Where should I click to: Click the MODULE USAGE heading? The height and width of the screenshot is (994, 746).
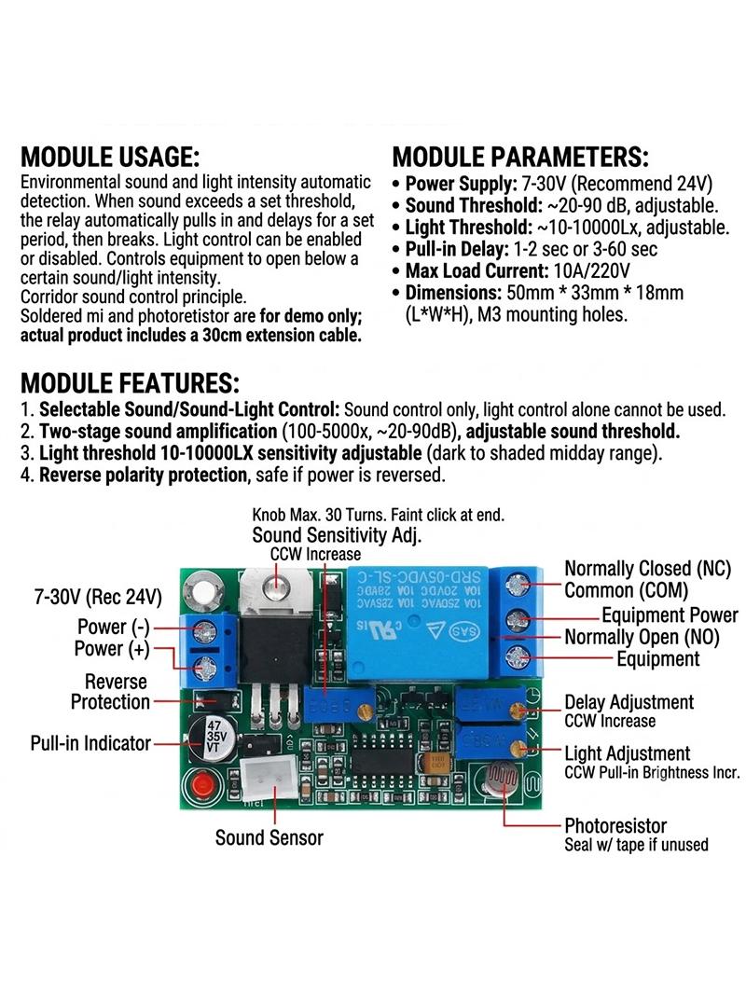click(x=110, y=157)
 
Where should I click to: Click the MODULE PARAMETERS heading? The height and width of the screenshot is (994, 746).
click(x=520, y=157)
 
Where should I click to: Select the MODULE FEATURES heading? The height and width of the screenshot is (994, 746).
click(x=130, y=383)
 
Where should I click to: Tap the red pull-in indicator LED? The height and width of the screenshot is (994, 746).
click(x=200, y=785)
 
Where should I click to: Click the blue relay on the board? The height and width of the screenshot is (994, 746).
click(x=418, y=623)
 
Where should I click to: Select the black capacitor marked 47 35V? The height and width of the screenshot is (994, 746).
click(x=212, y=738)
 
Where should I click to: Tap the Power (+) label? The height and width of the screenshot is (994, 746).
click(x=112, y=648)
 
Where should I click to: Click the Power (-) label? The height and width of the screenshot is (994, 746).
click(x=114, y=627)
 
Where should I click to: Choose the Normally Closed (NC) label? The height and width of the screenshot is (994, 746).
click(x=648, y=569)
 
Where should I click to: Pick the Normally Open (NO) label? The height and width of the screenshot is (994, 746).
click(x=642, y=637)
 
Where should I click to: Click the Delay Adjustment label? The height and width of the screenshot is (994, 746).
click(x=629, y=702)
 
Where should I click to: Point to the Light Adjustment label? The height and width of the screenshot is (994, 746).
click(x=628, y=753)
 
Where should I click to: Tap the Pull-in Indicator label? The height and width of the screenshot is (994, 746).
click(x=90, y=743)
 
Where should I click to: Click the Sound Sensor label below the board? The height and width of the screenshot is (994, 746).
click(x=269, y=837)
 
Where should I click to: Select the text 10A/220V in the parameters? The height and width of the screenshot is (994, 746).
click(x=592, y=271)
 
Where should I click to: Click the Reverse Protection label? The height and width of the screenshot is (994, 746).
click(x=110, y=692)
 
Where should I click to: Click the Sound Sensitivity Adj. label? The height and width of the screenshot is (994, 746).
click(x=337, y=534)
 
